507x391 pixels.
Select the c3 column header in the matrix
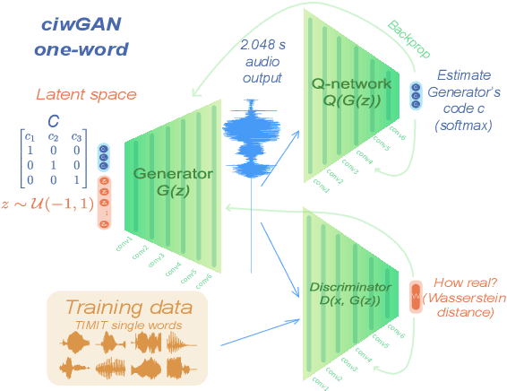pos(79,136)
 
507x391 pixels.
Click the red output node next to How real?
pos(416,294)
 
